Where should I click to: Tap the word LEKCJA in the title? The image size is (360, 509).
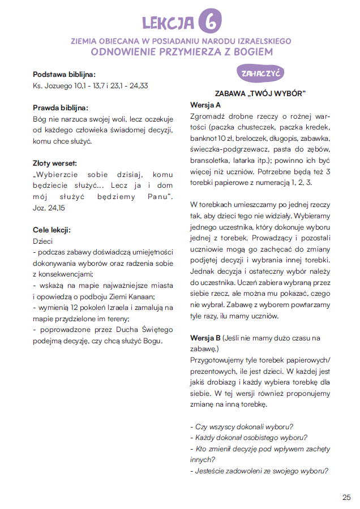tap(168, 22)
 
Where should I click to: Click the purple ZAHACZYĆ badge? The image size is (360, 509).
tap(260, 74)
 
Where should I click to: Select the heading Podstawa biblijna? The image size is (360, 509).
tap(64, 75)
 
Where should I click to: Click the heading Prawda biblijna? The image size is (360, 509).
tap(61, 107)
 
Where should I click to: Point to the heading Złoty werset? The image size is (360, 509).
tap(57, 163)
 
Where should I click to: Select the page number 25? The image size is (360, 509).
tap(346, 497)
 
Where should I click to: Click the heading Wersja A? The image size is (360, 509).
tap(205, 105)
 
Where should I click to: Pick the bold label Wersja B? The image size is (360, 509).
tap(205, 338)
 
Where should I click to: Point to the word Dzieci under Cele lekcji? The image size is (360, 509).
tap(43, 240)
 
